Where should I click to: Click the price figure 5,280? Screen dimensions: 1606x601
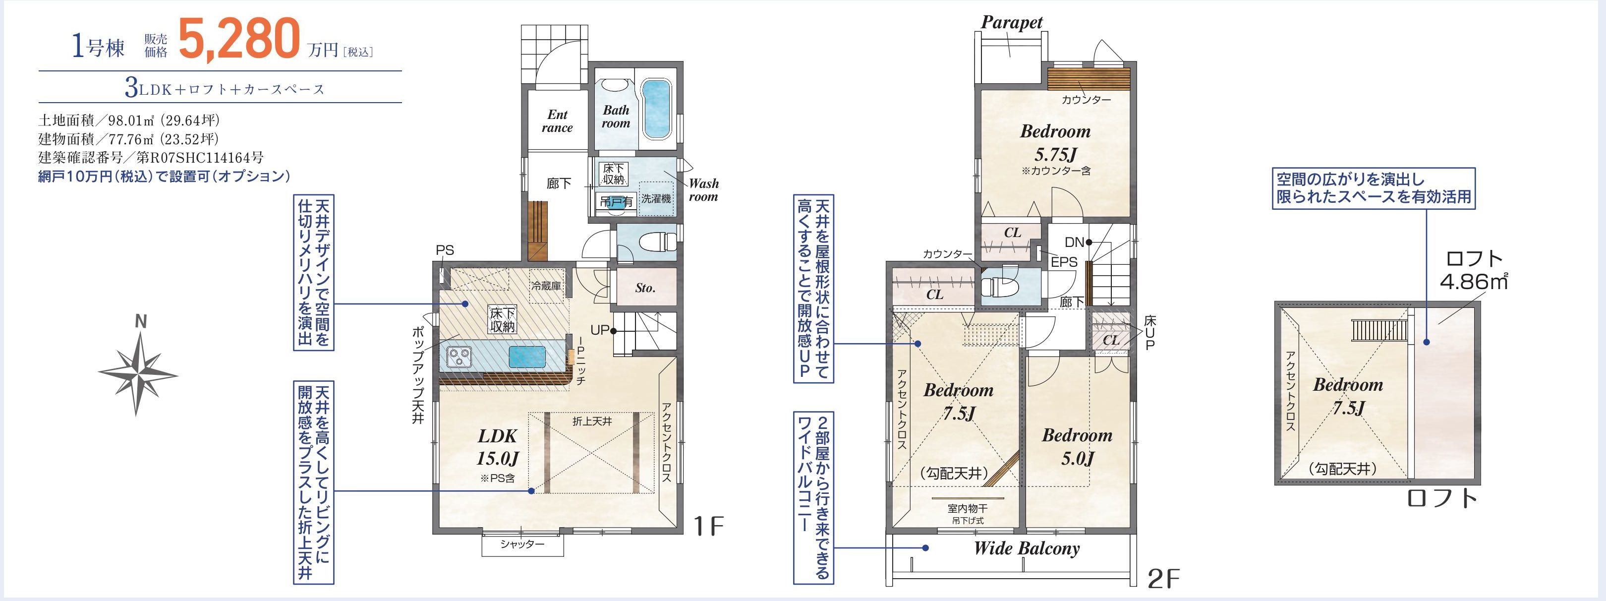pos(239,39)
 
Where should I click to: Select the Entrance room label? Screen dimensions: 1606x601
pos(557,121)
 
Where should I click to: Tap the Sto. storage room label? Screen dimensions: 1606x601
pos(645,288)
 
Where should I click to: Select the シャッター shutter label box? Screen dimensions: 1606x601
pos(522,545)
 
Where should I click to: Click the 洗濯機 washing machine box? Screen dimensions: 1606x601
pos(656,199)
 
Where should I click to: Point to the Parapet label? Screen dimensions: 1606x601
pos(1011,22)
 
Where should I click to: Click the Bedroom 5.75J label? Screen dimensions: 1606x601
pos(1055,143)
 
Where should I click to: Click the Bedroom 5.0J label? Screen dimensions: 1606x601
pos(1077,447)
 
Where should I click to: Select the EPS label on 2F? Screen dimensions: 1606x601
pos(1064,262)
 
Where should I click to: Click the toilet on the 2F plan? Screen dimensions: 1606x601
pos(999,286)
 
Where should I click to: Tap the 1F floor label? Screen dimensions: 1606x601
pos(709,527)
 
